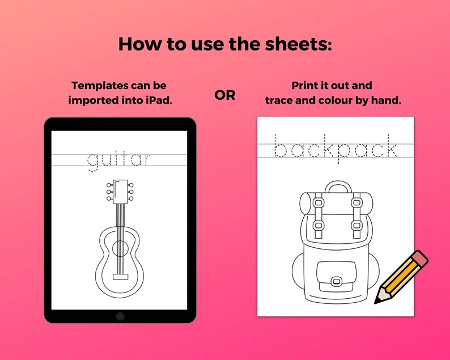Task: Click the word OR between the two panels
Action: (x=225, y=95)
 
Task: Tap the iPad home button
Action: (x=120, y=316)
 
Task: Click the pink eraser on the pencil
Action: (x=418, y=259)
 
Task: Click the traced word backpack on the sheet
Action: (x=336, y=149)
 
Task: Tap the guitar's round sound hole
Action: (x=120, y=248)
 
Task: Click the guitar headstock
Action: (x=120, y=191)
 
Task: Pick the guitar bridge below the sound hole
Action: (x=120, y=276)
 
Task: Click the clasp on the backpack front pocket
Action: (x=336, y=281)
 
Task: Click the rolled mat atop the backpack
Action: (x=336, y=200)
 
